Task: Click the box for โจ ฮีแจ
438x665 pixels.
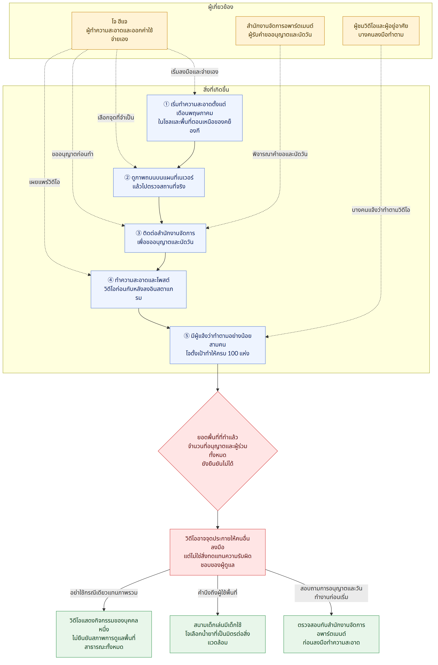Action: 119,31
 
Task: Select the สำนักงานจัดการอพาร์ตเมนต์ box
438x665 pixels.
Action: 280,31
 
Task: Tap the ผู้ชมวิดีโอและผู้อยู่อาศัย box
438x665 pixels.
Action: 381,31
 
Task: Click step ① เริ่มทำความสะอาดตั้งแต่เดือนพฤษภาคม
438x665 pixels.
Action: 195,118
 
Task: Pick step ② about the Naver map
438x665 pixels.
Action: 159,183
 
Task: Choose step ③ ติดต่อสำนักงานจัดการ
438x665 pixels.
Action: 165,238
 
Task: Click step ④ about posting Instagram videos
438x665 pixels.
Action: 139,289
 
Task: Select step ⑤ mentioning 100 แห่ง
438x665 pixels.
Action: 218,345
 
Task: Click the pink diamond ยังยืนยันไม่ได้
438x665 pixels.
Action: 218,451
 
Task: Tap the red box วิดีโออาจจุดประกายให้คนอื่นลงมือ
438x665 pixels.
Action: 218,552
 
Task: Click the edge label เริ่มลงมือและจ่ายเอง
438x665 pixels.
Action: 195,72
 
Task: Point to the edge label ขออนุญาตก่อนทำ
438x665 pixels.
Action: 73,154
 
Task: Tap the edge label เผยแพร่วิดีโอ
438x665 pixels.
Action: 45,182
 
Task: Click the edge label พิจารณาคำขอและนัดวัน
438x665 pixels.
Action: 280,154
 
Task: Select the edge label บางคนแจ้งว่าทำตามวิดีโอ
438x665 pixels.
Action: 381,210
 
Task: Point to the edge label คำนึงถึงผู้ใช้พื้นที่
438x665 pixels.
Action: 218,593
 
